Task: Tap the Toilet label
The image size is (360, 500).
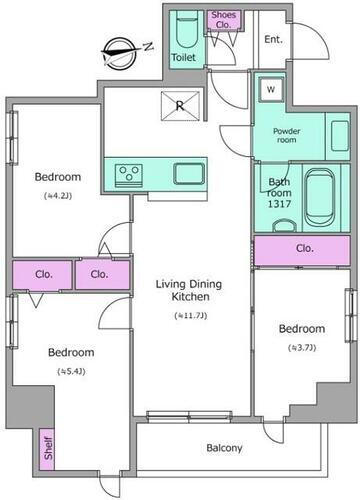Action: (x=183, y=57)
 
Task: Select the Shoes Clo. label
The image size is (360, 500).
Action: (x=223, y=19)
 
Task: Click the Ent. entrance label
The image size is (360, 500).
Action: (x=273, y=39)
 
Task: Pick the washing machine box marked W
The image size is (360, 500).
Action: (x=271, y=89)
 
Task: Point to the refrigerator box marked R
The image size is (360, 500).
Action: (x=181, y=105)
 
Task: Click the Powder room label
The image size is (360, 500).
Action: (x=287, y=135)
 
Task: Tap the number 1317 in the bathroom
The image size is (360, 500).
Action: (x=279, y=204)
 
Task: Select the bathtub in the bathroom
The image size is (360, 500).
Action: (x=320, y=198)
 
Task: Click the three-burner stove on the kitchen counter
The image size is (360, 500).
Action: (x=129, y=175)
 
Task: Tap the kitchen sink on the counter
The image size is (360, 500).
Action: (x=189, y=174)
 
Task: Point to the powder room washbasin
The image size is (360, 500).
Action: (x=340, y=136)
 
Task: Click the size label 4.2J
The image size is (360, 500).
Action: (x=58, y=196)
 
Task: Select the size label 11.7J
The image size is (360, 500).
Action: (x=191, y=315)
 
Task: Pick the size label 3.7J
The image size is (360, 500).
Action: (x=302, y=348)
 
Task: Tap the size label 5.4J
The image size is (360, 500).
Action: (x=71, y=371)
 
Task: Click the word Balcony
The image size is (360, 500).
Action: (x=224, y=448)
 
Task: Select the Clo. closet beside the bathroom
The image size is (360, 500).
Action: (x=302, y=250)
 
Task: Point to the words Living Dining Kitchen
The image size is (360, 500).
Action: (x=189, y=290)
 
